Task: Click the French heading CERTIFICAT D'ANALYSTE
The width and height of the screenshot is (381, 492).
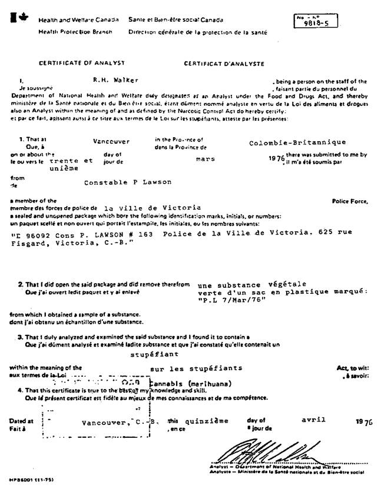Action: [224, 63]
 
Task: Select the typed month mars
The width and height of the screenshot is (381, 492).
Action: [206, 158]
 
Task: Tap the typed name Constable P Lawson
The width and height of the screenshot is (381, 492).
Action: [128, 182]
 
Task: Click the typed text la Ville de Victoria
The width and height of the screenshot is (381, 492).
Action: [152, 207]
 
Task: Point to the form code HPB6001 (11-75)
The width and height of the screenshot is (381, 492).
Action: [29, 480]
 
